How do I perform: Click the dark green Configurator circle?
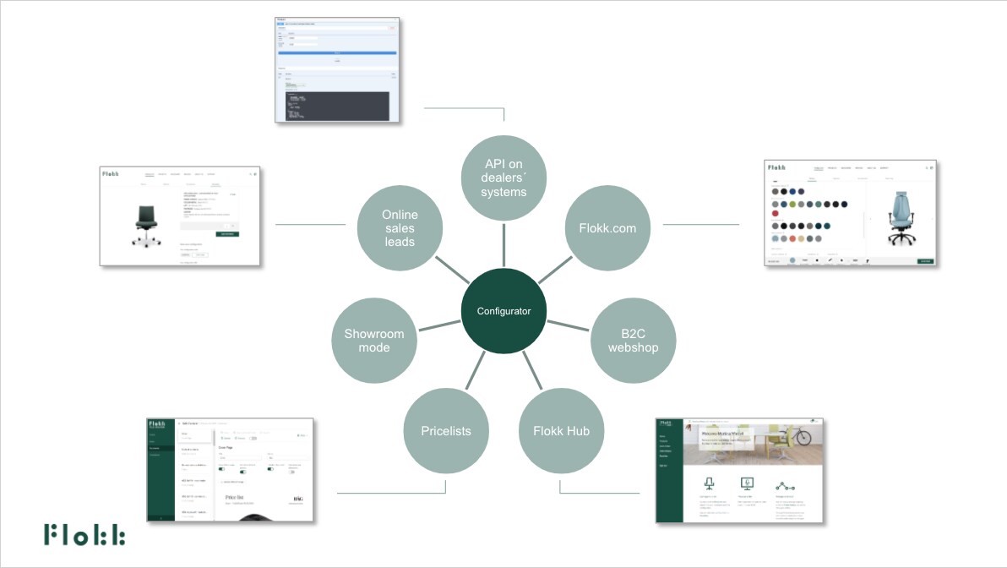tap(503, 311)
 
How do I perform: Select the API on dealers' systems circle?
tap(503, 177)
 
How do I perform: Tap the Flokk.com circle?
tap(607, 227)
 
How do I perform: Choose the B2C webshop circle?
tap(633, 341)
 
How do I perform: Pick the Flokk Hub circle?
tap(561, 430)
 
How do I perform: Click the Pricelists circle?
tap(446, 430)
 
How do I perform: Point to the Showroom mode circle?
tap(374, 341)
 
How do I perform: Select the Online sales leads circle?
tap(400, 227)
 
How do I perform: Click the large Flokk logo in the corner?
tap(84, 534)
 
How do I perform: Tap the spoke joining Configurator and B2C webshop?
tap(568, 325)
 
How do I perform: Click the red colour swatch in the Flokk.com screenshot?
tap(776, 213)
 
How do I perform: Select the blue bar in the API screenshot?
tap(337, 52)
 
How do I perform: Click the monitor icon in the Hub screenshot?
tap(746, 484)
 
